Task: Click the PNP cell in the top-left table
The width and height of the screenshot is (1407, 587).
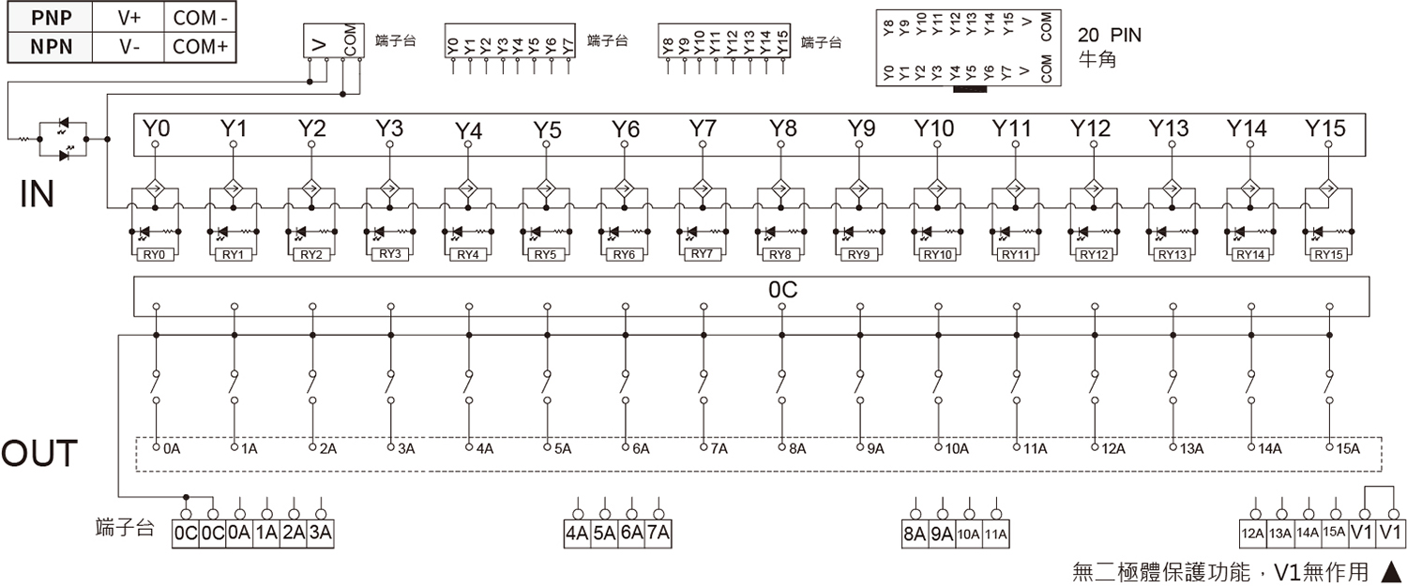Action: coord(50,17)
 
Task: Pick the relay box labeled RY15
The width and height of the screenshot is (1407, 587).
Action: coord(1327,254)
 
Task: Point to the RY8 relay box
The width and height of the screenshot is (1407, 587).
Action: coord(780,254)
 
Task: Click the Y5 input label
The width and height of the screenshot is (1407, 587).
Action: coord(547,130)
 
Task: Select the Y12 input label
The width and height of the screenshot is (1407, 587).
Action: coord(1091,128)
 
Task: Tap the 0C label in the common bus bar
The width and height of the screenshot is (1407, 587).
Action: coord(781,292)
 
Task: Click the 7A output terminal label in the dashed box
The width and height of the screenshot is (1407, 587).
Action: coord(719,449)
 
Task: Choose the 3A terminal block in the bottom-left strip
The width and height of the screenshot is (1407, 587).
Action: coord(321,534)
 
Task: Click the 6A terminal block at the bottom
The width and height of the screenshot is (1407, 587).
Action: coord(631,534)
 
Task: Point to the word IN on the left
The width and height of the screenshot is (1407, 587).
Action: coord(38,194)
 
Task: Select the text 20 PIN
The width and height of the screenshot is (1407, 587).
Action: coord(1109,36)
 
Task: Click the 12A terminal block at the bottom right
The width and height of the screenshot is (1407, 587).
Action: coord(1252,534)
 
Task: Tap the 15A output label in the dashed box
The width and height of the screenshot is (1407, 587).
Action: coord(1347,449)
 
